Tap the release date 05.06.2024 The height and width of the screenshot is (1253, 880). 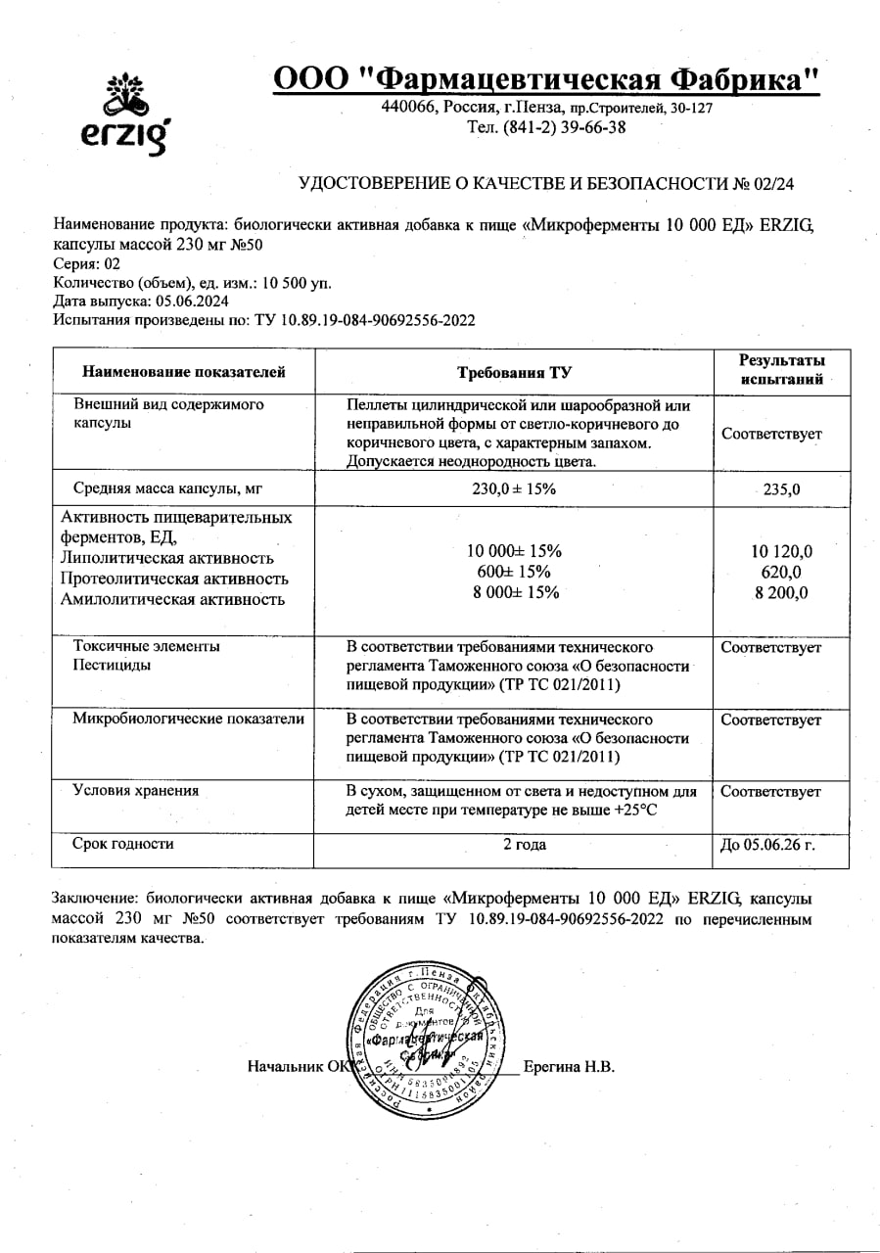tap(184, 302)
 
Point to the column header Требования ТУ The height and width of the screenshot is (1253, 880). tap(514, 372)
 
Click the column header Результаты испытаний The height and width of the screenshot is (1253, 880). tap(781, 371)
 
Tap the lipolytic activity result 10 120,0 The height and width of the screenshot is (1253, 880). tap(781, 551)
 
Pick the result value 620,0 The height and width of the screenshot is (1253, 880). tap(781, 572)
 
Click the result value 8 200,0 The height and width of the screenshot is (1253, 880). tap(781, 592)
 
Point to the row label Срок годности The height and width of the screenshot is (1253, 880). tap(123, 843)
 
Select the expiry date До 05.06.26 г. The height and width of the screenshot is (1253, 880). tap(767, 845)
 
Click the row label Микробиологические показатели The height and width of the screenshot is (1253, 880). tap(188, 719)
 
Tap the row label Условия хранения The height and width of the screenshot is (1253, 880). tap(136, 791)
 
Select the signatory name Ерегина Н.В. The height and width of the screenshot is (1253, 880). tap(569, 1067)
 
